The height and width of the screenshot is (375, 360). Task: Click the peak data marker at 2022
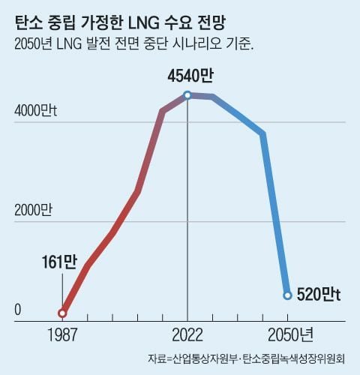pyautogui.click(x=187, y=95)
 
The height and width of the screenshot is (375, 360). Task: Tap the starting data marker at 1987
pyautogui.click(x=62, y=313)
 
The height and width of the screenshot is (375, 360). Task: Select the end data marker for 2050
pyautogui.click(x=286, y=295)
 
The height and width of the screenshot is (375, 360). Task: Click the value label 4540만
pyautogui.click(x=187, y=76)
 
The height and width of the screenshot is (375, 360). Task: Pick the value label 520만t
pyautogui.click(x=319, y=295)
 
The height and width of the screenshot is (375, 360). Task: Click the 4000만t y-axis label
pyautogui.click(x=36, y=110)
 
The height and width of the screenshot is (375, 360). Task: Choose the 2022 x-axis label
pyautogui.click(x=187, y=334)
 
